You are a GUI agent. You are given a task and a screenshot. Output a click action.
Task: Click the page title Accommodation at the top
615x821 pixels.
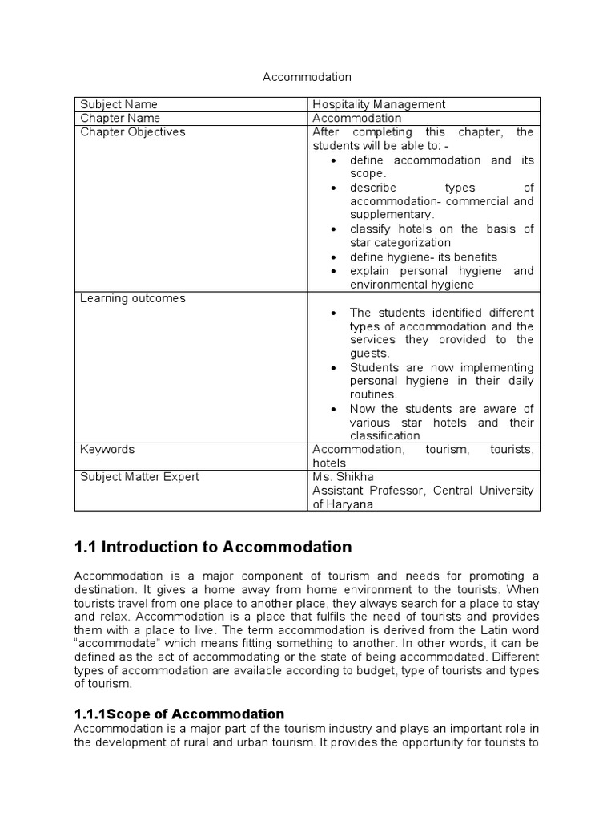coord(307,77)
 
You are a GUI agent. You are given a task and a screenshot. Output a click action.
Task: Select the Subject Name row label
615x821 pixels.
coord(119,104)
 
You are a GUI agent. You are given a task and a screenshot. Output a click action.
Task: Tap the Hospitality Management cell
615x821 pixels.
coord(379,104)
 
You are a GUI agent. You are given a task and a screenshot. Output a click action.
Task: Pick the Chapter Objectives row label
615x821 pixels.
coord(132,131)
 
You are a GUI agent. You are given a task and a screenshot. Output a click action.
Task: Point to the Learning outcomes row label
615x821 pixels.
coord(132,298)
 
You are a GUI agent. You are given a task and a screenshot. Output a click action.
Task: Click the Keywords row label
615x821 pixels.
coord(107,450)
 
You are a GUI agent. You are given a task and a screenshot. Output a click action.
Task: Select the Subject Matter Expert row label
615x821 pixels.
coord(139,477)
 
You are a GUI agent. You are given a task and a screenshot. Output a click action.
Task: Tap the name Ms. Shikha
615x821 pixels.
coord(343,477)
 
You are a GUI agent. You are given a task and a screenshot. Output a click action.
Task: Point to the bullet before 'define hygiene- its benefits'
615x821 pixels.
coord(332,257)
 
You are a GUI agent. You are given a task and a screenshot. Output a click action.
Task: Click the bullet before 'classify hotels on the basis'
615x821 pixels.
coord(332,229)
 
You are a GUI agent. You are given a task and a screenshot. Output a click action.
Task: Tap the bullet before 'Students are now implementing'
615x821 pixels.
coord(332,368)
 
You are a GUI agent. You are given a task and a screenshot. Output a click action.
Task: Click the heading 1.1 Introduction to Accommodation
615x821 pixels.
coord(213,548)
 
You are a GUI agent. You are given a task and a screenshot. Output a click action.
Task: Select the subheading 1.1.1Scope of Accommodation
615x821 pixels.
coord(179,714)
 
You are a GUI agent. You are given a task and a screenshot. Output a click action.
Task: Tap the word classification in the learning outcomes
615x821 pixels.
coord(384,435)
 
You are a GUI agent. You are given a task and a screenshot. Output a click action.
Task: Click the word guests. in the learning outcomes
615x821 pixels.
coord(369,353)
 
